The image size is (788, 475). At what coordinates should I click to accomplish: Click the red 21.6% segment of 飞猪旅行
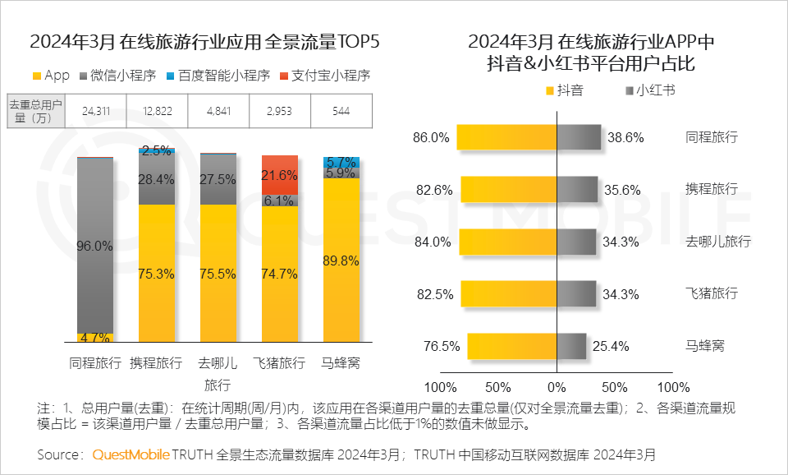pyautogui.click(x=279, y=174)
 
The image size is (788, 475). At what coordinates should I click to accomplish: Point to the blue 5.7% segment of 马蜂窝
pyautogui.click(x=341, y=161)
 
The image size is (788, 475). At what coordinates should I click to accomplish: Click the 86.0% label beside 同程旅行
pyautogui.click(x=432, y=138)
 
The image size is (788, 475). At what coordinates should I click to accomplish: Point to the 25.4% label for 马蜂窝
pyautogui.click(x=625, y=346)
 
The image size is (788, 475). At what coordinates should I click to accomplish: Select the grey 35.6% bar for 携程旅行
pyautogui.click(x=577, y=190)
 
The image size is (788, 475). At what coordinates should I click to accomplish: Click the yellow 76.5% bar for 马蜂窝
pyautogui.click(x=512, y=346)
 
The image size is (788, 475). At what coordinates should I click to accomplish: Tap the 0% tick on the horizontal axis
pyautogui.click(x=557, y=387)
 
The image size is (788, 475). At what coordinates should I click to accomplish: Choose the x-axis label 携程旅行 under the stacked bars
pyautogui.click(x=157, y=362)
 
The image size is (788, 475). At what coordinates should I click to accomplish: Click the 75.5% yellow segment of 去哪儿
pyautogui.click(x=218, y=271)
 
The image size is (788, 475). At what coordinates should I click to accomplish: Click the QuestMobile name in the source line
pyautogui.click(x=131, y=454)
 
